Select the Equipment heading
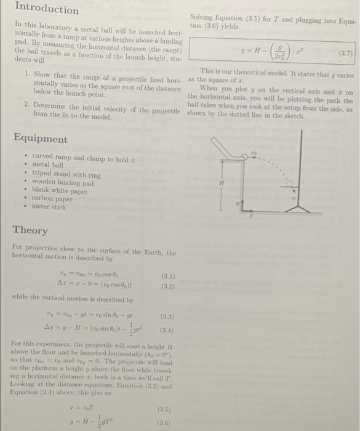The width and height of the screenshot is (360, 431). [x=40, y=139]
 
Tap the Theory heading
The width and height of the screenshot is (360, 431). [x=30, y=230]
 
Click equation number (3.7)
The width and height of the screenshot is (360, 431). [x=345, y=53]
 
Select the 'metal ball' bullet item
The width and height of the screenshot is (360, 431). [x=48, y=166]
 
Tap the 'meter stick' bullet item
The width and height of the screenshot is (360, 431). [x=49, y=207]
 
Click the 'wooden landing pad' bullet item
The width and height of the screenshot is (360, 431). [x=63, y=182]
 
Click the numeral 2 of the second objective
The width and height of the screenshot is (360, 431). [x=28, y=105]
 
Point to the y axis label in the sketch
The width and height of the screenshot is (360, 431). [x=233, y=201]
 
